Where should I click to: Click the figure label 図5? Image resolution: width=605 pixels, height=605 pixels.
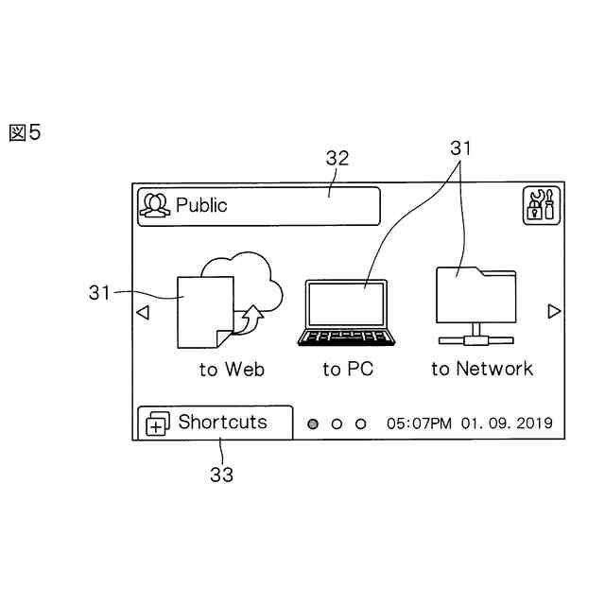(x=26, y=132)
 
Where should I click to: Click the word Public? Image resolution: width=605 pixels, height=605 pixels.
(x=201, y=205)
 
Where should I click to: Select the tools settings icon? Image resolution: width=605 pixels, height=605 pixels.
(x=542, y=205)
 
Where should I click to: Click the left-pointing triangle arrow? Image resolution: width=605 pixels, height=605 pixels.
(x=142, y=312)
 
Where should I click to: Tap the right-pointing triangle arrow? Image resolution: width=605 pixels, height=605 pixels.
(x=554, y=311)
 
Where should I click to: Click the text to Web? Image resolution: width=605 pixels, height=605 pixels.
(x=232, y=370)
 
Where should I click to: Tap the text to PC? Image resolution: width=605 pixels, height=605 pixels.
(x=348, y=370)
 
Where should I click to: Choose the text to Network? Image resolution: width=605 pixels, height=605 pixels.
(x=482, y=369)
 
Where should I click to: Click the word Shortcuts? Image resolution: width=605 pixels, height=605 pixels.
(x=223, y=422)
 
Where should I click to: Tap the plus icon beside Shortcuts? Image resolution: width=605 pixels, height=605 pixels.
(x=156, y=424)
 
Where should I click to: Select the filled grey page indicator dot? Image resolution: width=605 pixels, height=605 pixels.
(x=313, y=423)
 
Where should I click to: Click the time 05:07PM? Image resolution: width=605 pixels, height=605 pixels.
(x=420, y=423)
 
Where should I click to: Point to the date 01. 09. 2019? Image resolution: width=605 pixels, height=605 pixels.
(x=507, y=423)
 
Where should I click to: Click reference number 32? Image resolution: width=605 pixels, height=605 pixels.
(x=337, y=159)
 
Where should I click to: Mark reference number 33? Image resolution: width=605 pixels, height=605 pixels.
(x=221, y=475)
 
